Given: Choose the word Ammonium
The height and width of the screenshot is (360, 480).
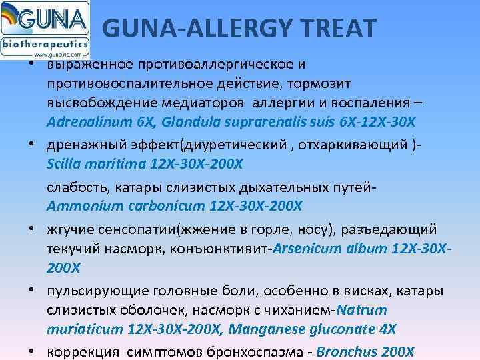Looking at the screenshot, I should coord(78,205).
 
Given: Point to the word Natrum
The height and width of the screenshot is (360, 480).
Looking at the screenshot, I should coord(362,310).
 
